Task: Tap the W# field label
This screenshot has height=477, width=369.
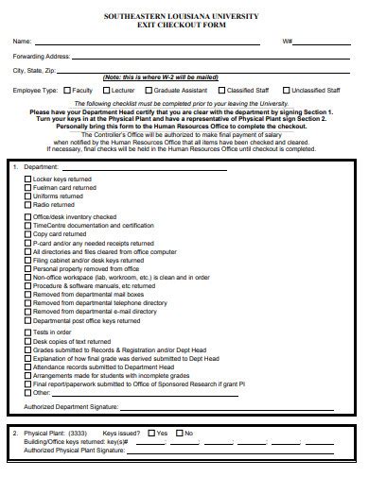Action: pos(287,42)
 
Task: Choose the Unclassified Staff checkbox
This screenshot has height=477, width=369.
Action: pos(289,90)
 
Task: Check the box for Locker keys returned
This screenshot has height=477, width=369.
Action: pos(26,179)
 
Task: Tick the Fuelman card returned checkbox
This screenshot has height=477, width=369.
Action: pos(26,187)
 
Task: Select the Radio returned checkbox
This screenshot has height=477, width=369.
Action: pos(26,204)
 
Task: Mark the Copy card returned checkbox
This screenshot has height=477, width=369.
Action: pos(26,234)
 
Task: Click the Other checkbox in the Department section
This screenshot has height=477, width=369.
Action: pos(26,393)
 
